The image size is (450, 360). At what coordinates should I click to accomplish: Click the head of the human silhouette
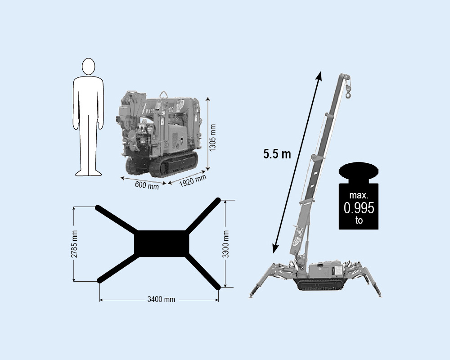(88, 67)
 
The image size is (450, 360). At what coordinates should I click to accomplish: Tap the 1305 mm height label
(212, 138)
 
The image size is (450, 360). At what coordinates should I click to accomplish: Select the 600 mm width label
(147, 185)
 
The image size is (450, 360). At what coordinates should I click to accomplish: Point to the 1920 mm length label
(193, 181)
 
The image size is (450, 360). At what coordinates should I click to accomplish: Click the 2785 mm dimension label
(74, 244)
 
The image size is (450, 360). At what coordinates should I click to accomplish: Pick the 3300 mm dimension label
(226, 244)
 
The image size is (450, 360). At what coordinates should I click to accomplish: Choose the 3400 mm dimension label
(161, 299)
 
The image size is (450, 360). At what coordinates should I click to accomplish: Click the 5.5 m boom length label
(277, 154)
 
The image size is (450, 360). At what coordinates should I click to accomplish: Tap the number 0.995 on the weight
(359, 208)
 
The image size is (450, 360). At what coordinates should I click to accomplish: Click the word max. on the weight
(359, 195)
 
